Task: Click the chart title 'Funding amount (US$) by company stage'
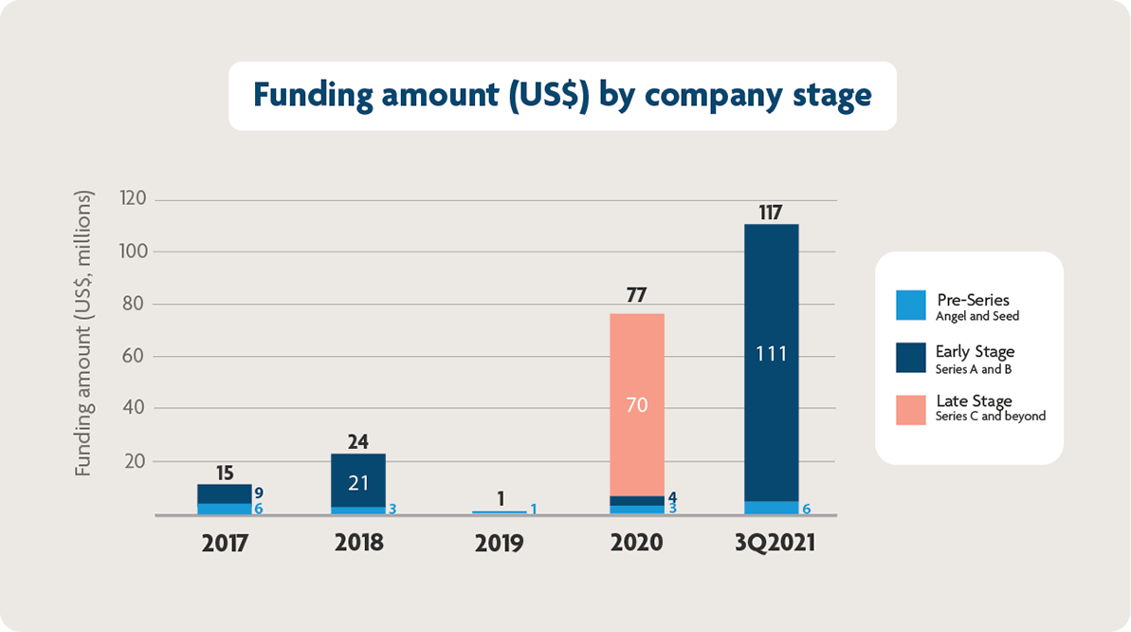pyautogui.click(x=561, y=96)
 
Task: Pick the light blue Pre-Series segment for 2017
pyautogui.click(x=224, y=509)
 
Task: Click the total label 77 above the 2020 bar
pyautogui.click(x=636, y=296)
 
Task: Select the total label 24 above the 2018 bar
pyautogui.click(x=357, y=441)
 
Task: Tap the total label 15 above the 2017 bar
pyautogui.click(x=224, y=473)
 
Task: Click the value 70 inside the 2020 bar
pyautogui.click(x=636, y=405)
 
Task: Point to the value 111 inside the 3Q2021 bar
pyautogui.click(x=771, y=354)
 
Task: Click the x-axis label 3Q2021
pyautogui.click(x=771, y=544)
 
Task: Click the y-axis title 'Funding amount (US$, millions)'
pyautogui.click(x=84, y=334)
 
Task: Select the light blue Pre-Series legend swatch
pyautogui.click(x=910, y=306)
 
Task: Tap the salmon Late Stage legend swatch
pyautogui.click(x=910, y=409)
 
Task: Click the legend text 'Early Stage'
pyautogui.click(x=975, y=352)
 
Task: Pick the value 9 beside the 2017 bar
pyautogui.click(x=259, y=493)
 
